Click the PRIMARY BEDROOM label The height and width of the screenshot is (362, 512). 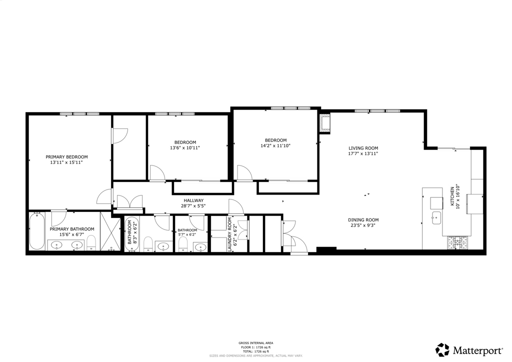point(66,156)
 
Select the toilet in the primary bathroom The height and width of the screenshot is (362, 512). point(91,243)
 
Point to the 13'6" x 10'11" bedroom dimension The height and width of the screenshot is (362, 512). point(185,148)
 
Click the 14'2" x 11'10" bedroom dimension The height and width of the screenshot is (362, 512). point(275,146)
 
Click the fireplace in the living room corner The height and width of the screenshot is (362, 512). point(325,123)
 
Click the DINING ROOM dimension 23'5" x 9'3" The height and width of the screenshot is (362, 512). point(363,225)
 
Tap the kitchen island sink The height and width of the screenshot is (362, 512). point(435,217)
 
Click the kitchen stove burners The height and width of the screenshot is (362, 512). point(458,242)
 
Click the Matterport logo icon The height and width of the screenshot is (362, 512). point(442,349)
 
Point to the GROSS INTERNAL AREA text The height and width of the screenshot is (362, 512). point(255,343)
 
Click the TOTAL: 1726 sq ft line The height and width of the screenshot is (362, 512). point(255,351)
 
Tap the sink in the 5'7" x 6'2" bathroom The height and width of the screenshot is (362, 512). point(200,246)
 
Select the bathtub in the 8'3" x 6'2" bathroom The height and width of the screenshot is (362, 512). point(131,235)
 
